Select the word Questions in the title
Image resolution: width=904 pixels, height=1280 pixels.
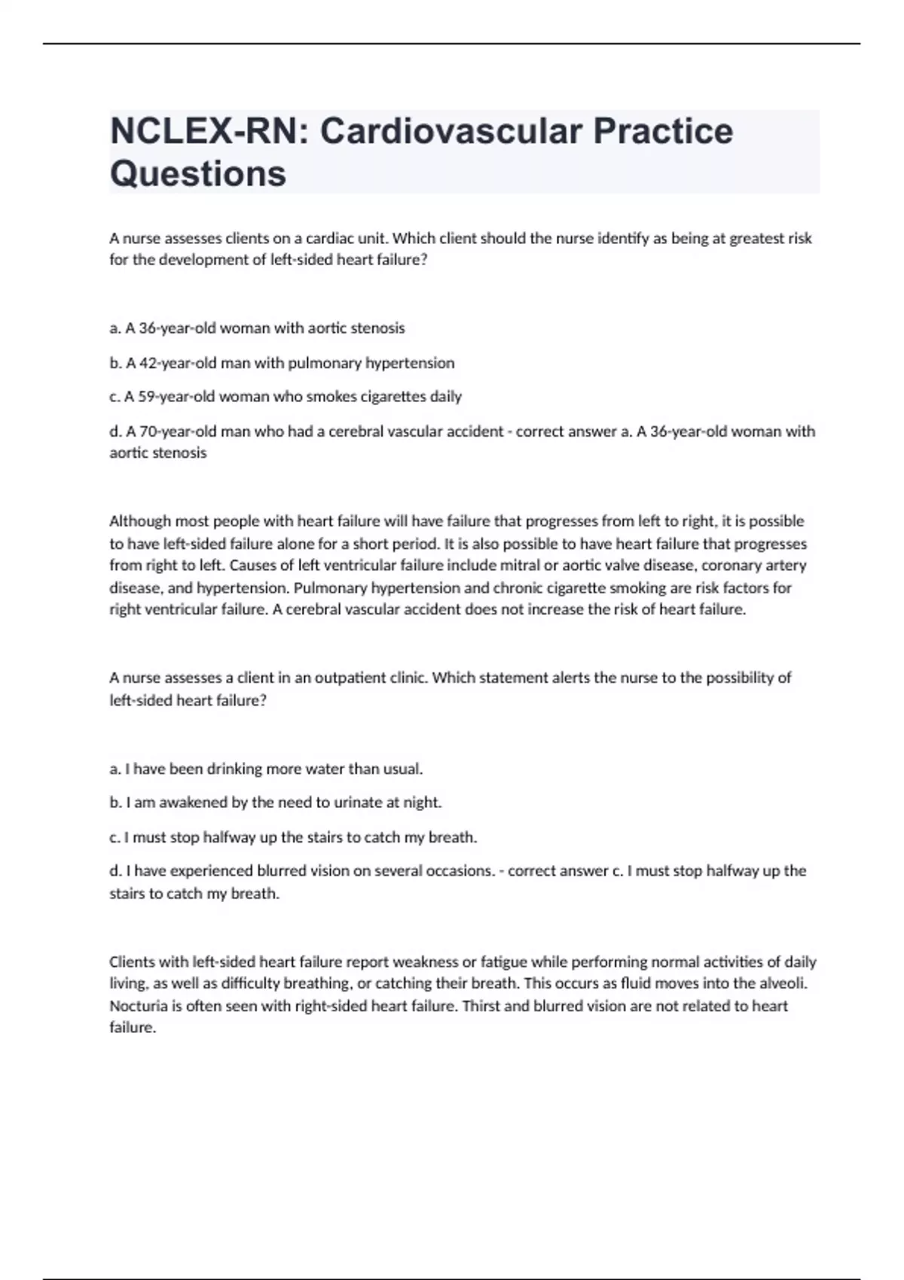[198, 173]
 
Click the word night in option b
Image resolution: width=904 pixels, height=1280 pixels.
[421, 803]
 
